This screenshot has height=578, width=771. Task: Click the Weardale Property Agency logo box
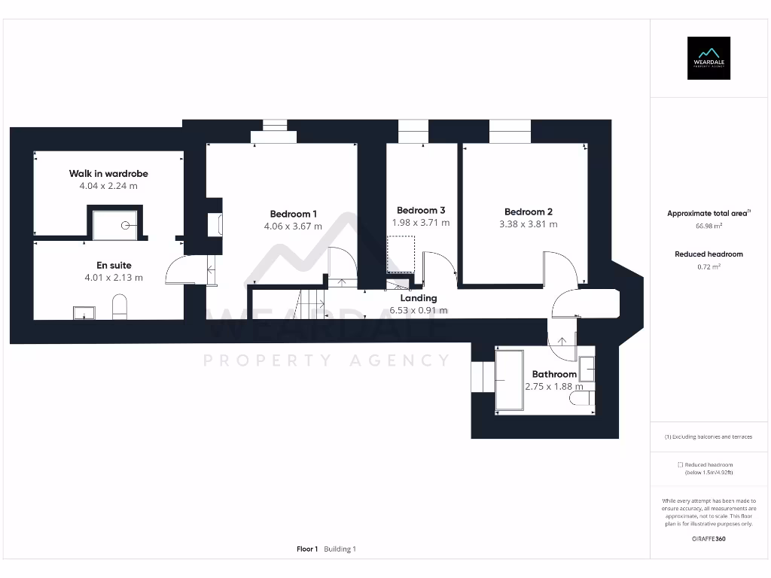709,58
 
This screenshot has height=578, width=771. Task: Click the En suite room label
114,266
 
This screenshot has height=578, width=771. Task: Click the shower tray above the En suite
114,224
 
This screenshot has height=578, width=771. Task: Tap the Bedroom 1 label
293,213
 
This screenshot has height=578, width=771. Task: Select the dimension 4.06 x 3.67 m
293,226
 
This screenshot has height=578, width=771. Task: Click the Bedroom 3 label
421,210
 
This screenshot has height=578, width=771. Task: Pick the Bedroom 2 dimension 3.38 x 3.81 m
529,224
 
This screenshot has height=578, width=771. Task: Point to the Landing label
418,298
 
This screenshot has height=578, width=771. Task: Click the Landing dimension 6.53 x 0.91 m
418,310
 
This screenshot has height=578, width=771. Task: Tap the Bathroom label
554,374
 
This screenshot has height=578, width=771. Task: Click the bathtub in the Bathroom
510,380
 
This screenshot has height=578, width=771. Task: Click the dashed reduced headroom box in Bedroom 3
401,254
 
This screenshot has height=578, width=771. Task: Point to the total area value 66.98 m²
708,226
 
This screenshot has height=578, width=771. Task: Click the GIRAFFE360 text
708,539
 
